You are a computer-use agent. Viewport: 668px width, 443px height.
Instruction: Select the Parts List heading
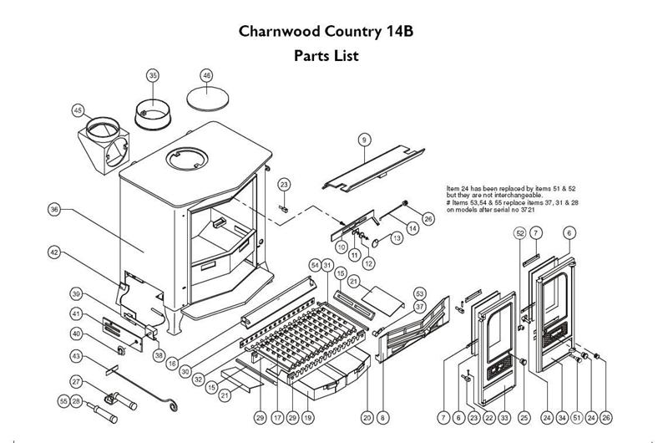pyautogui.click(x=326, y=58)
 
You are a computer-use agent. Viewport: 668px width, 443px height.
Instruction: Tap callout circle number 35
pyautogui.click(x=153, y=75)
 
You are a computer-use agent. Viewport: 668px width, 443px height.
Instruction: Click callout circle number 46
pyautogui.click(x=207, y=75)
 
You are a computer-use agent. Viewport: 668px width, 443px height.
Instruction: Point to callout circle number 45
pyautogui.click(x=78, y=110)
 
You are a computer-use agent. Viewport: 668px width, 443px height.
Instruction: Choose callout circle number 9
pyautogui.click(x=364, y=138)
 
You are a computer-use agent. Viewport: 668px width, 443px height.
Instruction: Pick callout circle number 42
pyautogui.click(x=53, y=251)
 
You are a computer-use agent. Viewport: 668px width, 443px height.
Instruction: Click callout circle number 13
pyautogui.click(x=396, y=238)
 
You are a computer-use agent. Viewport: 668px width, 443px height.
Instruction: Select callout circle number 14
pyautogui.click(x=412, y=227)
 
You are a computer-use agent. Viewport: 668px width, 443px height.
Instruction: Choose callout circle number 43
pyautogui.click(x=76, y=357)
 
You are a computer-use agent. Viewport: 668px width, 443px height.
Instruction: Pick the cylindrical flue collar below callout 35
pyautogui.click(x=153, y=109)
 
